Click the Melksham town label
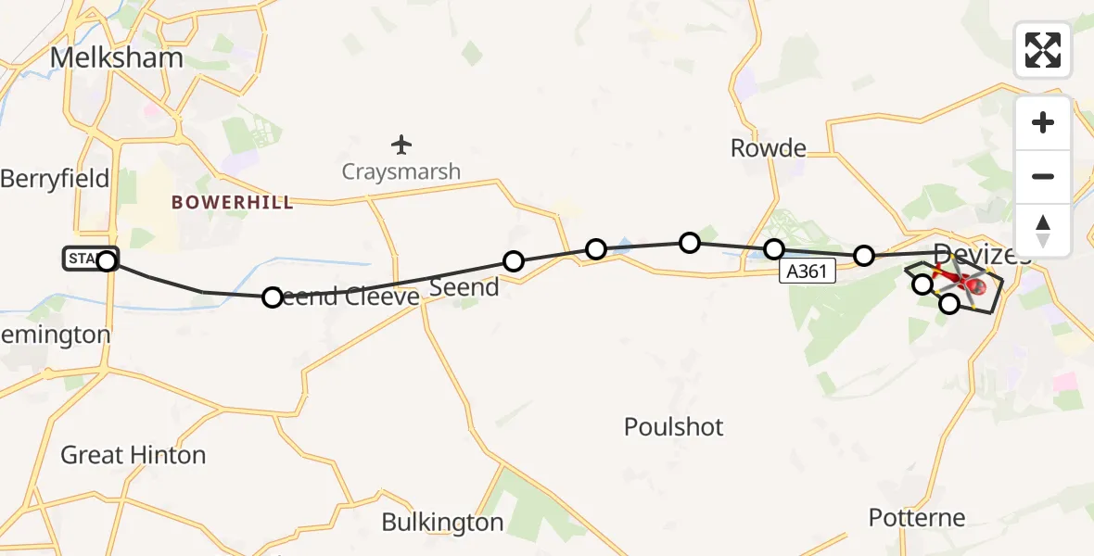[116, 57]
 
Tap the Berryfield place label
[55, 178]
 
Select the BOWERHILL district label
[233, 202]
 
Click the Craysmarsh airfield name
[401, 171]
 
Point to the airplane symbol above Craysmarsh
[401, 145]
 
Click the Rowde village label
[768, 147]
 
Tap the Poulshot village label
[674, 427]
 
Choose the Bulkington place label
[442, 523]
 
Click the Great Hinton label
[134, 455]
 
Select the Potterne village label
[917, 517]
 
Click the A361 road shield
[807, 271]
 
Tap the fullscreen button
[1043, 50]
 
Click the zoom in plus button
[1043, 122]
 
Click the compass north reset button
[1043, 230]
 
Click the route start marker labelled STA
[91, 259]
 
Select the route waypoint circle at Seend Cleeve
[273, 297]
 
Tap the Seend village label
[464, 287]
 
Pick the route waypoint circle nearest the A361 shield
[774, 249]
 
